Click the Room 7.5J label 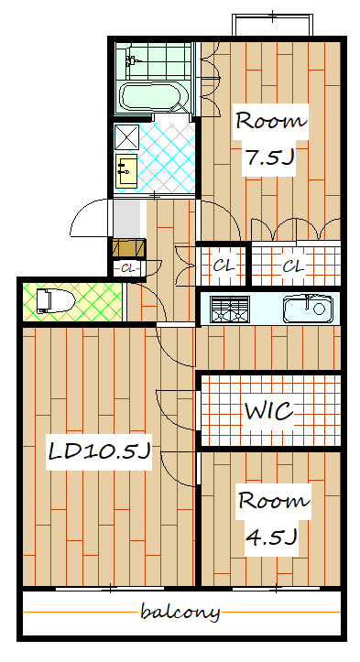coord(271,139)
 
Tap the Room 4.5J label coord(274,519)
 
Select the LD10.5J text coord(99,452)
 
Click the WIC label coord(269,410)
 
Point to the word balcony coord(180,612)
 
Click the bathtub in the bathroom coord(152,97)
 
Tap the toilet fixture coord(55,301)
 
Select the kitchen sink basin coord(308,309)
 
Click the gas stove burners coord(230,309)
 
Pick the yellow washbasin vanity coord(126,170)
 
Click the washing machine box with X coord(126,137)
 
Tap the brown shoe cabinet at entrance coord(129,248)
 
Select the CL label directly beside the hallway coord(224,266)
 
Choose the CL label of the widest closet coord(293,266)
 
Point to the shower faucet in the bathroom coord(132,60)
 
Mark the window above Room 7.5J coord(273,25)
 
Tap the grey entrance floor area coord(127,219)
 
